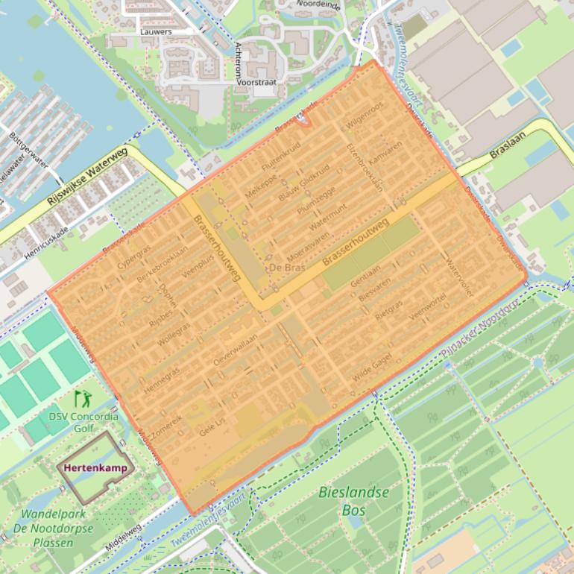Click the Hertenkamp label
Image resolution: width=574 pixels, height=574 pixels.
tap(95, 469)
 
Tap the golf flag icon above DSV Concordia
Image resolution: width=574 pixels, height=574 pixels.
tap(81, 400)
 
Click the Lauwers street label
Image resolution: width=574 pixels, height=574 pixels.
tap(156, 32)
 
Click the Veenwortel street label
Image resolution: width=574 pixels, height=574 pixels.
tap(427, 307)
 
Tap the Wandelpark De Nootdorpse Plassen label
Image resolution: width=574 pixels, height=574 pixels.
tap(57, 528)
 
